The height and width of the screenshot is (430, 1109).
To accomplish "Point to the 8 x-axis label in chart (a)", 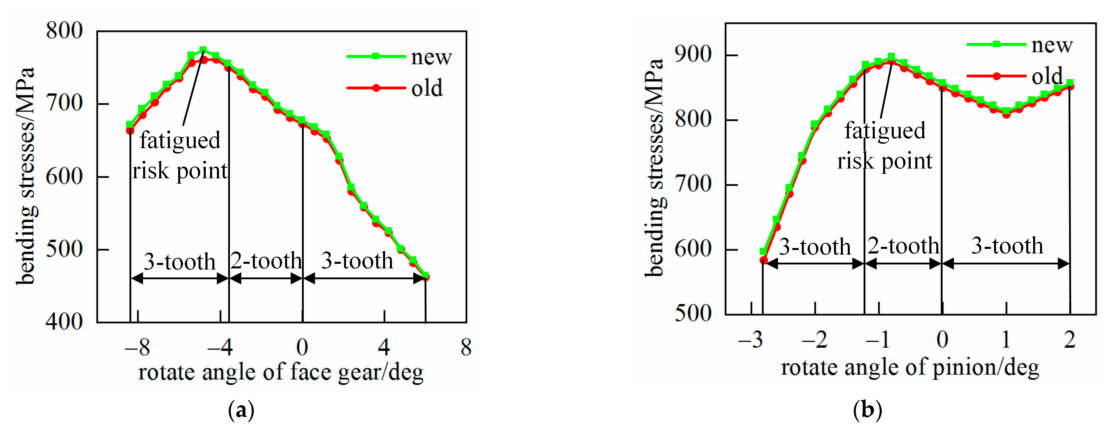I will point(466,347).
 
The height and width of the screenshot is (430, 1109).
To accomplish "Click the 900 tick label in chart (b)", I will point(693,55).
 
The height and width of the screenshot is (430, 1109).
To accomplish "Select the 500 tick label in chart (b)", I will point(693,313).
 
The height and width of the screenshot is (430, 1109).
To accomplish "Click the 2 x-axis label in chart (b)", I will point(1069,340).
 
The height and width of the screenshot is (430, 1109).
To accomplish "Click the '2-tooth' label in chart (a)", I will point(266,261).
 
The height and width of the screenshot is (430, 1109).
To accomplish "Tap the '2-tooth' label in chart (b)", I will point(903,246).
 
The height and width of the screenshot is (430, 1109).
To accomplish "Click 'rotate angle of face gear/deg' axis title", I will point(281,372).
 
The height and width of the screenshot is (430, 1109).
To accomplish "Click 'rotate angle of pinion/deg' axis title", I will point(910,368).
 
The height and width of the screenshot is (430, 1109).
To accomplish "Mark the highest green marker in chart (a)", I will point(203,50).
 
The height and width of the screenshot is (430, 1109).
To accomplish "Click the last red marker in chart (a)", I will point(426,277).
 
